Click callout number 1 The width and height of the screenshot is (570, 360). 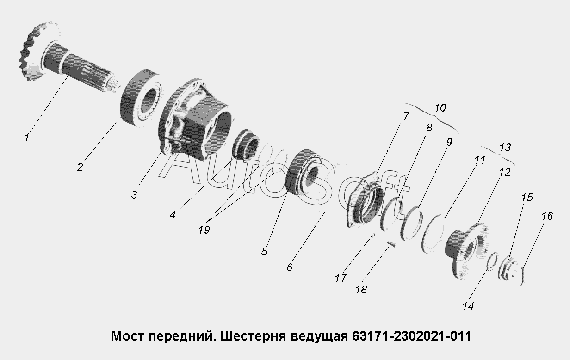click(x=27, y=137)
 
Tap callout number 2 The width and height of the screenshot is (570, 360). click(x=80, y=167)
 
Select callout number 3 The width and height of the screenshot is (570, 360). click(x=134, y=195)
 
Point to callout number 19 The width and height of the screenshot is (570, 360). click(x=204, y=230)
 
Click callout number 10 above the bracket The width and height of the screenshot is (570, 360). click(x=440, y=108)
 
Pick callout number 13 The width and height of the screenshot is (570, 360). click(x=505, y=147)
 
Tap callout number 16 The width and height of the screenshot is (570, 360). click(x=547, y=216)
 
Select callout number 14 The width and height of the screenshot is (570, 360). click(x=468, y=306)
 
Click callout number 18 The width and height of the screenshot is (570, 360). click(x=361, y=289)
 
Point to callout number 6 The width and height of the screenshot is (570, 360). click(x=290, y=267)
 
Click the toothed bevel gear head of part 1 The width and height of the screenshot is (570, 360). click(x=38, y=51)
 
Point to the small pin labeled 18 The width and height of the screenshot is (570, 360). click(x=391, y=244)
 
